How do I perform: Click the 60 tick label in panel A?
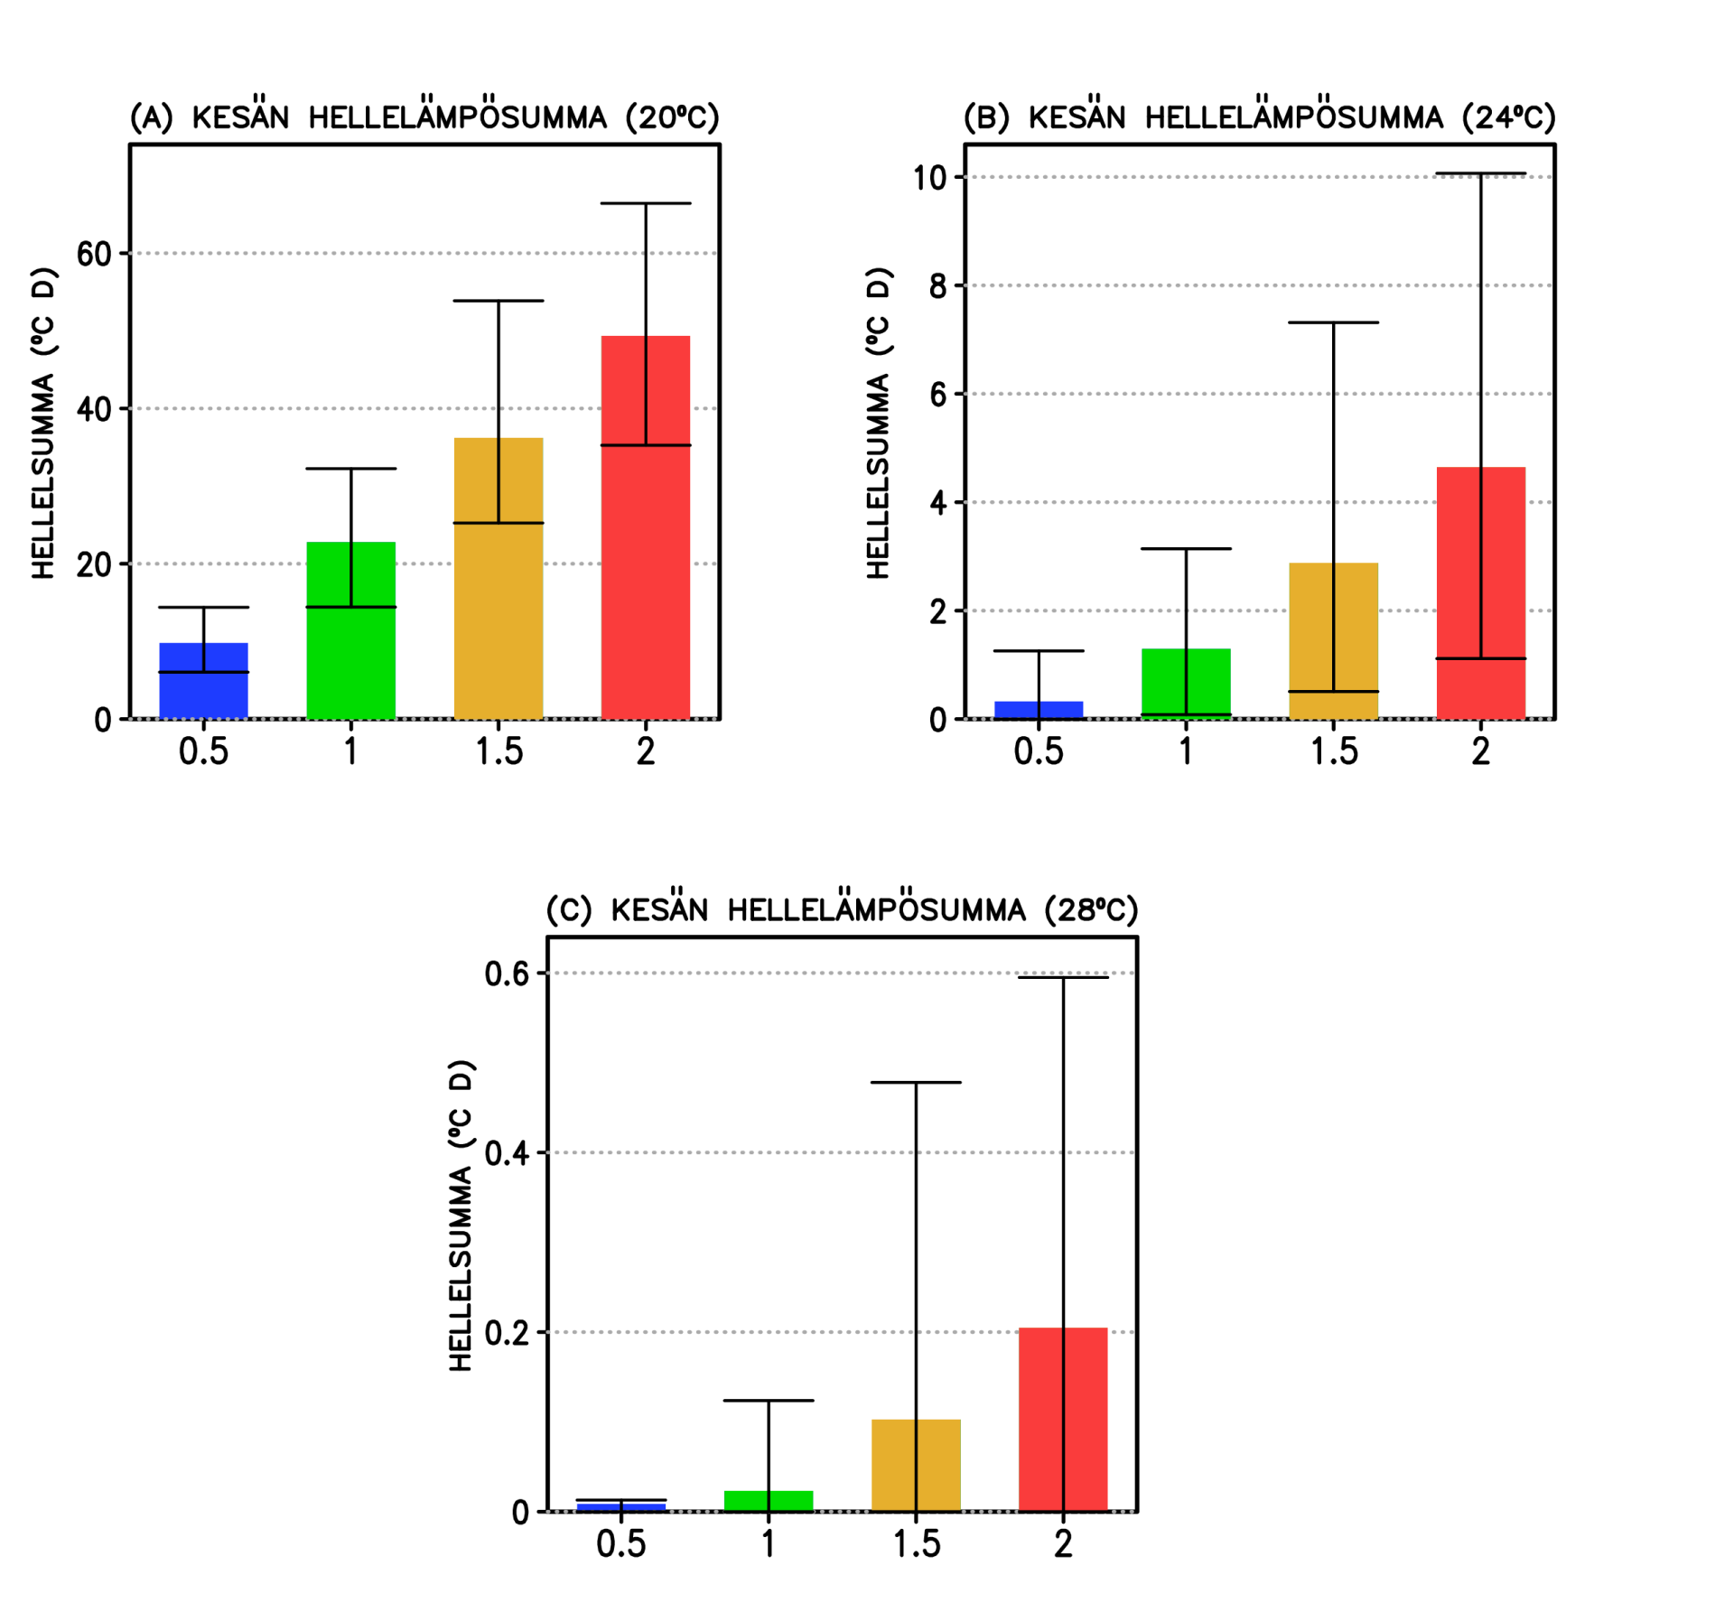tap(94, 255)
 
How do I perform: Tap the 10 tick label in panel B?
tap(930, 178)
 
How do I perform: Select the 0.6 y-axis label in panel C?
tap(507, 974)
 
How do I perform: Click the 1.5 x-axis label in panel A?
tap(499, 751)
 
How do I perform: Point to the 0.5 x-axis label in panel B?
tap(1039, 751)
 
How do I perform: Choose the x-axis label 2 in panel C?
tap(1063, 1544)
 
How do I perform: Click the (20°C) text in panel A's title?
tap(673, 117)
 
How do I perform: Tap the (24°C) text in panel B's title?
tap(1509, 117)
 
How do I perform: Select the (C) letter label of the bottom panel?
tap(569, 909)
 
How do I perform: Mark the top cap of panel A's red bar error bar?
tap(645, 204)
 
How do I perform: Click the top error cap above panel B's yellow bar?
tap(1333, 322)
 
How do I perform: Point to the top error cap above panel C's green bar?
tap(769, 1401)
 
